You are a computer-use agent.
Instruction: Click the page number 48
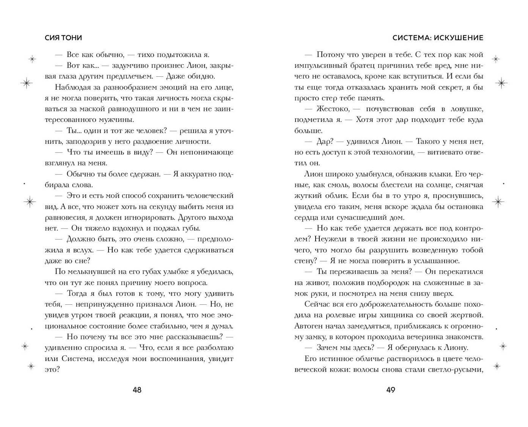[137, 390]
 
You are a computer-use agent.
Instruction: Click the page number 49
[391, 390]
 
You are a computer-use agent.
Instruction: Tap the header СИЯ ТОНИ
[63, 38]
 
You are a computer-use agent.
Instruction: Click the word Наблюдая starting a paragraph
[72, 87]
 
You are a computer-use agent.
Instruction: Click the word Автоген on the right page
[310, 326]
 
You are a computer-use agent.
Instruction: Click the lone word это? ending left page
[52, 369]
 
